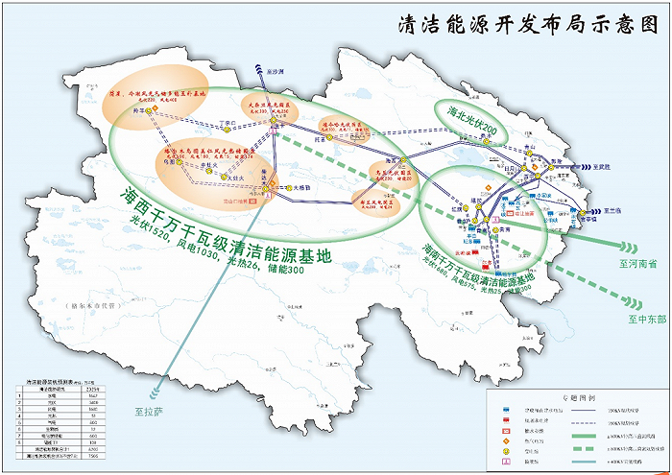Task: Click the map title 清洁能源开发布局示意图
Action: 527,25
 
